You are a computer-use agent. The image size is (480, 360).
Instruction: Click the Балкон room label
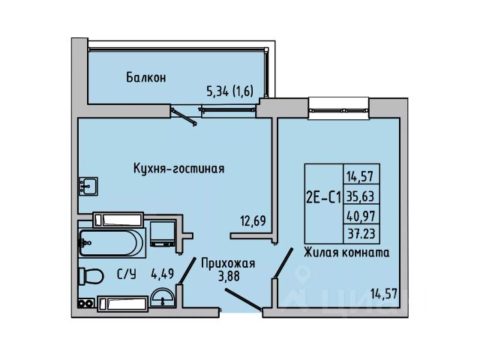pos(146,77)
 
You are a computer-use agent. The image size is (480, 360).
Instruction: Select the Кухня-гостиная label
pos(178,168)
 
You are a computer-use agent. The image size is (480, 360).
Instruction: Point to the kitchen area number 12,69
pos(253,220)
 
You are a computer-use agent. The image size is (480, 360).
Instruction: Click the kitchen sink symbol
pos(88,186)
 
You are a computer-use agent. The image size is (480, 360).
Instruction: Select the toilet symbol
pos(91,276)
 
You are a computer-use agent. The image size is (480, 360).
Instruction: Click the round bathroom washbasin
pos(163,297)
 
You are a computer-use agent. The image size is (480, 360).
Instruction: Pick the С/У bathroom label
pos(127,274)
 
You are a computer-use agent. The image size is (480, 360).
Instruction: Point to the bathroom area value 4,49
pos(163,274)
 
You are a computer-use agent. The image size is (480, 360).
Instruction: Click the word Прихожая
pos(228,263)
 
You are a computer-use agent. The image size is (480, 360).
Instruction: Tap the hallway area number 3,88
pos(228,276)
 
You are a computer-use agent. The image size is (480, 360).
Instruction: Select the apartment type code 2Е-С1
pos(323,198)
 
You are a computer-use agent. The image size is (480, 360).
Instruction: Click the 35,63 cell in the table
pos(360,196)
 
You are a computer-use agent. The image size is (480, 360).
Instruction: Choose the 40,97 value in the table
pos(361,216)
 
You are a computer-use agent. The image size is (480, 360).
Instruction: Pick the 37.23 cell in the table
pos(361,234)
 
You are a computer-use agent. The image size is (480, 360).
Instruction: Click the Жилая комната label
pos(346,253)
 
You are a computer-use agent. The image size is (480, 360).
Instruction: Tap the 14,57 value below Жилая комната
pos(384,294)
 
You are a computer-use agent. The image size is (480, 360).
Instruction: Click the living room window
pos(338,109)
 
